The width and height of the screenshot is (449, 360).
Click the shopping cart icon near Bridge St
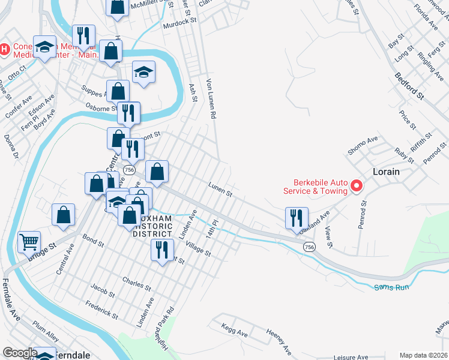click(29, 242)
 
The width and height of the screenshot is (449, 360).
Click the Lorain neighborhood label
click(387, 170)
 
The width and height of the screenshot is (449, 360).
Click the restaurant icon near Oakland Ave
click(297, 218)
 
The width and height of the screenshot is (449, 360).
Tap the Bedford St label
click(409, 85)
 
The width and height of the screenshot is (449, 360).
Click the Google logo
click(20, 353)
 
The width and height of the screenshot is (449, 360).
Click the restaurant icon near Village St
click(161, 250)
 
